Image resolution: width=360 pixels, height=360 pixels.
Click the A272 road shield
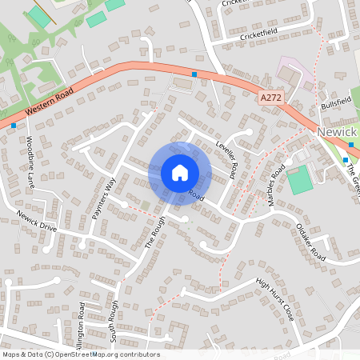click(x=270, y=98)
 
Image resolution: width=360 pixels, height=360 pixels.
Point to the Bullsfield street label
click(x=335, y=103)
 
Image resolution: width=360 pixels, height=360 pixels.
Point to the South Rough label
click(x=113, y=320)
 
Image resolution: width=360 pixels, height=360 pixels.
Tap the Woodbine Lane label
click(x=30, y=161)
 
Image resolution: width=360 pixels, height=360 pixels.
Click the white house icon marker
click(x=179, y=172)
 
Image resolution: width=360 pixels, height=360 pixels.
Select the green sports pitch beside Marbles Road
click(x=300, y=180)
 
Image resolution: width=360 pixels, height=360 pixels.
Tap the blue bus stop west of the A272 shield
click(x=194, y=74)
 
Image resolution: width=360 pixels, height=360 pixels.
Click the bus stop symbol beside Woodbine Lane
click(x=14, y=126)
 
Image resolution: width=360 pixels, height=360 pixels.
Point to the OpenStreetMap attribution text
click(x=80, y=354)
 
